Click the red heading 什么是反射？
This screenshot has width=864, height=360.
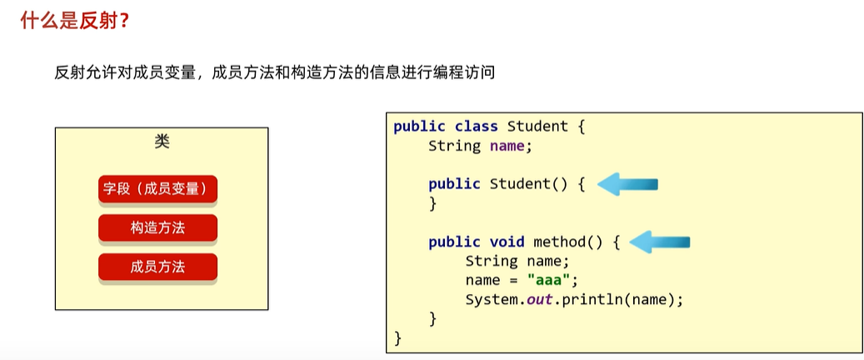click(x=74, y=19)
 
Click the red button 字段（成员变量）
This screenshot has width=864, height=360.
click(x=157, y=188)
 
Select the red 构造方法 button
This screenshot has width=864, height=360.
click(x=157, y=227)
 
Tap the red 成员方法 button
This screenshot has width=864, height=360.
click(x=157, y=267)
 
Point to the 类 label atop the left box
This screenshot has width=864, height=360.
click(x=162, y=141)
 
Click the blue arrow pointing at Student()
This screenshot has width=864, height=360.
click(x=628, y=184)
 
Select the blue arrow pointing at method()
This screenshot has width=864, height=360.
click(x=660, y=242)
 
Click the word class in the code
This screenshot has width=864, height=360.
click(x=476, y=127)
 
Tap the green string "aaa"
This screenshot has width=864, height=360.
click(x=547, y=280)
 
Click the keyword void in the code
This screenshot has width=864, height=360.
click(x=507, y=242)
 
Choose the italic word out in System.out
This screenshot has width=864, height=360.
click(x=540, y=299)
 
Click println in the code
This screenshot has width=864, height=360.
click(x=588, y=299)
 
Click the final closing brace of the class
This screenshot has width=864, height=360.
click(x=398, y=337)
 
